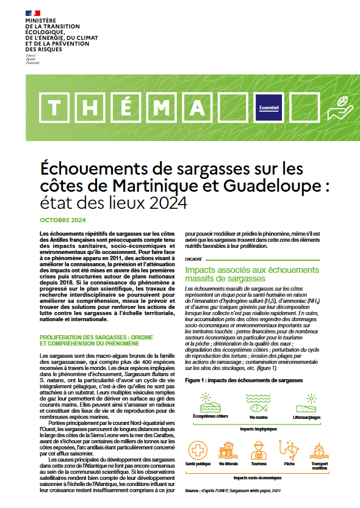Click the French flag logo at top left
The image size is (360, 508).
point(32,12)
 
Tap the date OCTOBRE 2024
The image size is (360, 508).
point(63,220)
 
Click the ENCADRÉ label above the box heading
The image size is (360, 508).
point(194,258)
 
